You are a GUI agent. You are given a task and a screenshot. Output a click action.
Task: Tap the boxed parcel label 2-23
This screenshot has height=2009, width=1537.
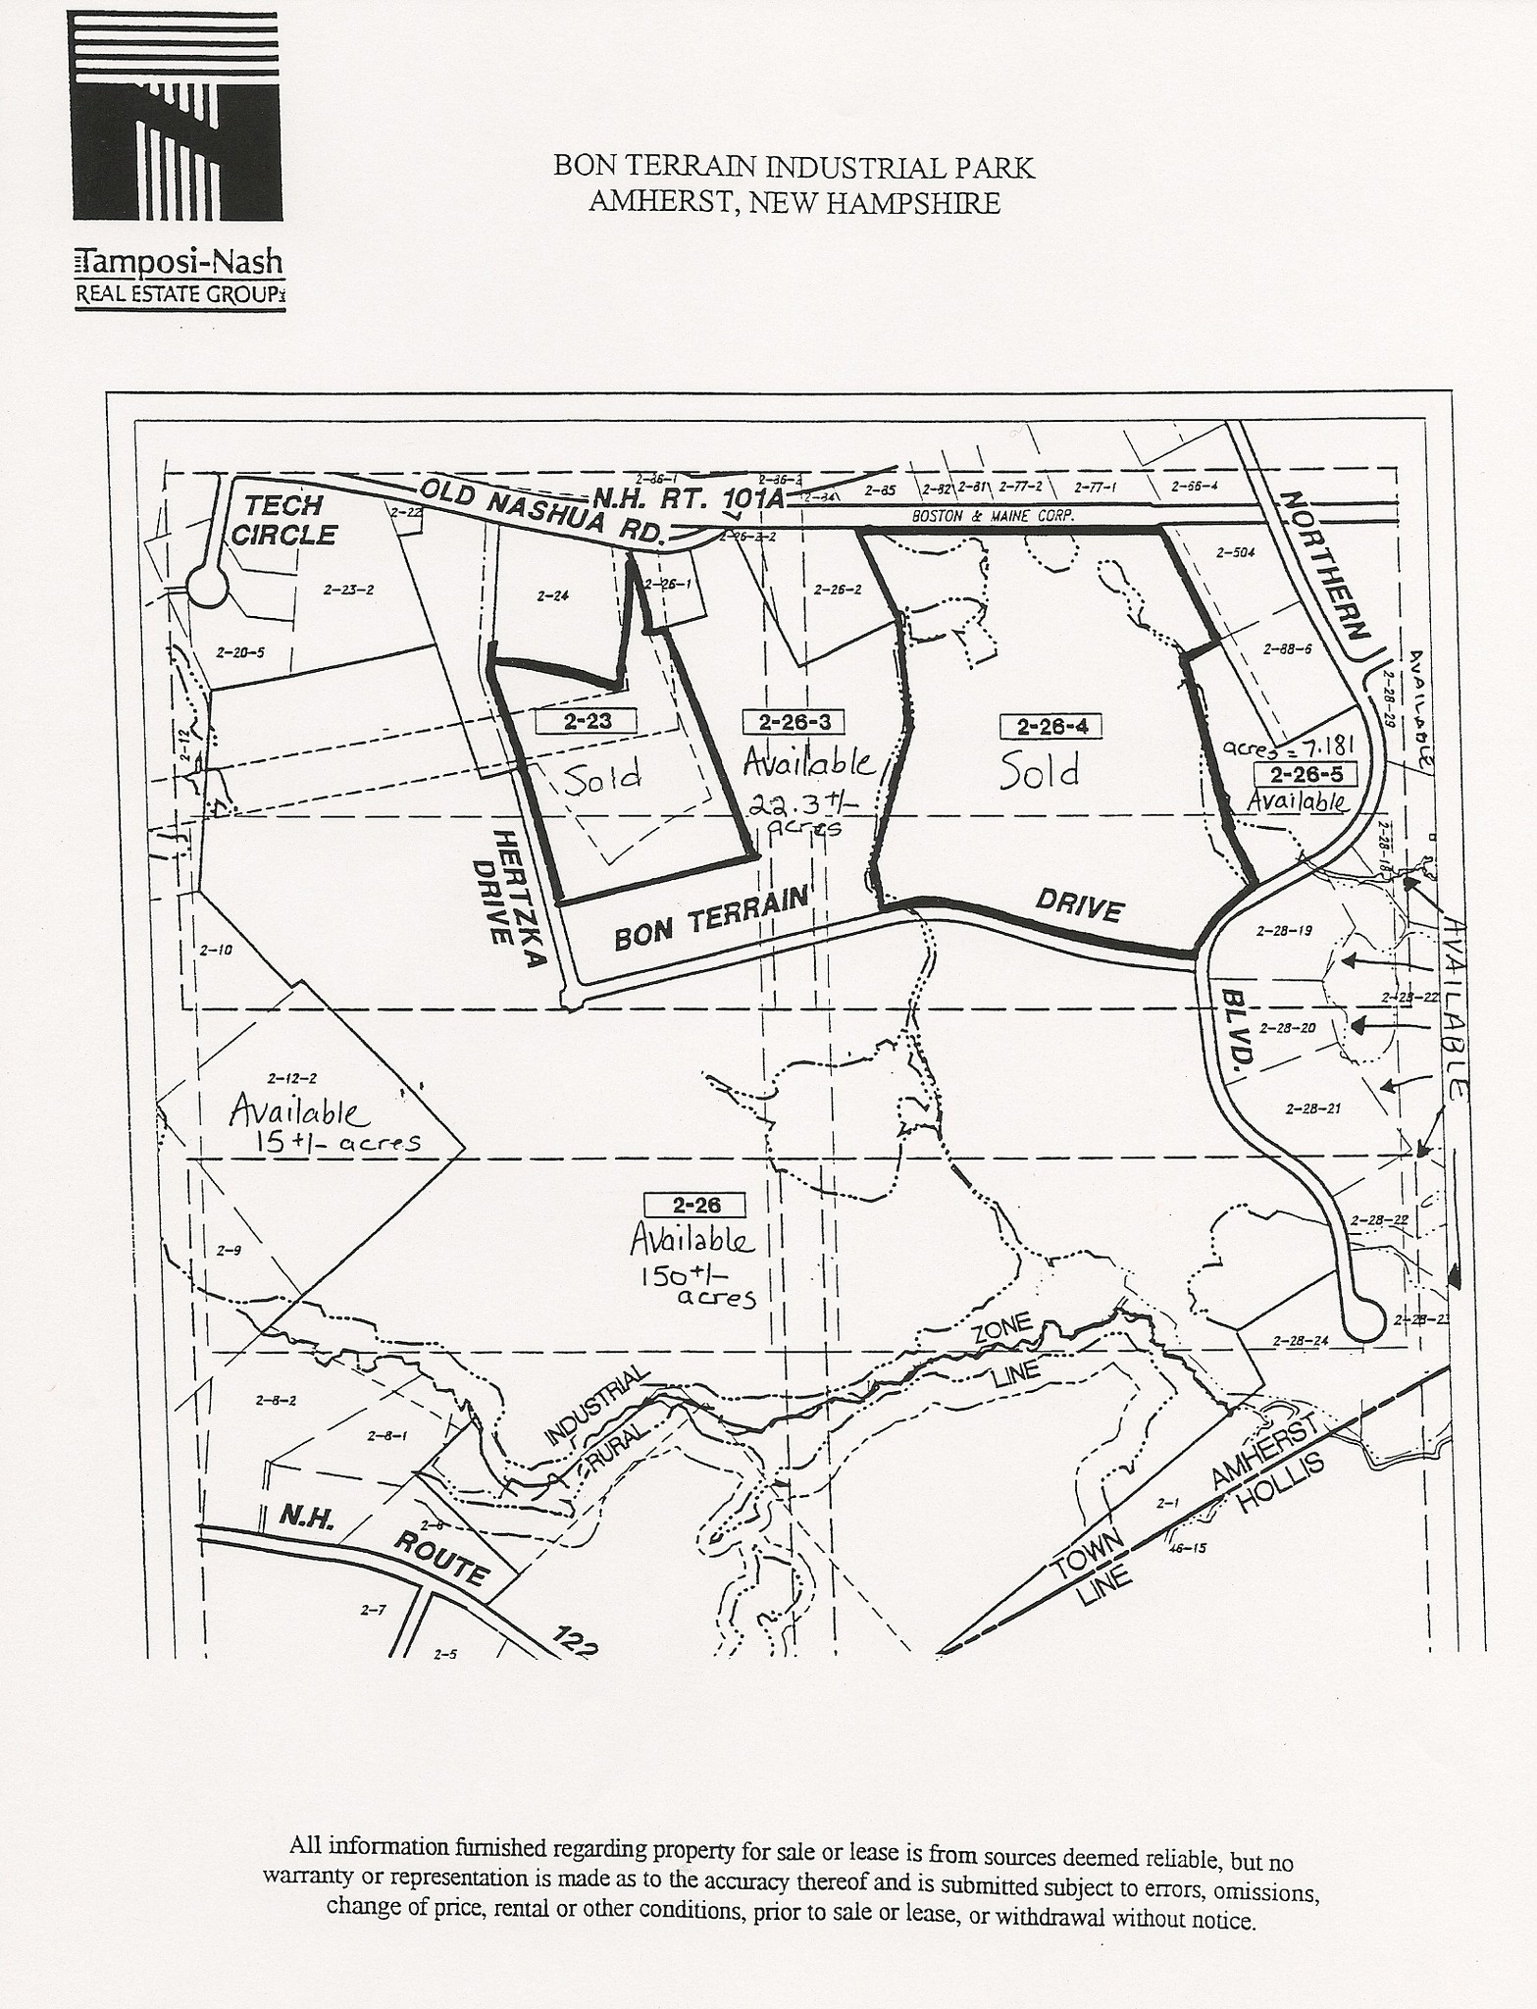point(587,721)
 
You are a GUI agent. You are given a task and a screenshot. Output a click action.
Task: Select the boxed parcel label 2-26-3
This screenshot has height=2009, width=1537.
point(794,723)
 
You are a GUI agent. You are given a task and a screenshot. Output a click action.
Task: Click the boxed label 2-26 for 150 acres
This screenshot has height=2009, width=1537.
point(695,1205)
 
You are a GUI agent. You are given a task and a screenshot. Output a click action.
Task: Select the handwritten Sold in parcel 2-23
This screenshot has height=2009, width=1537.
point(602,776)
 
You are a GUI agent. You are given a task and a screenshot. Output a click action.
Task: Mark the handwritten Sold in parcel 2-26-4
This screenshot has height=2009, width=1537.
point(1039,772)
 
